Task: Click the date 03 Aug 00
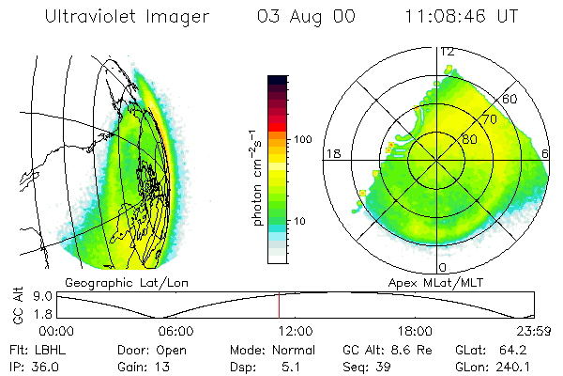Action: pyautogui.click(x=299, y=17)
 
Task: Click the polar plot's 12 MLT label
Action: pyautogui.click(x=447, y=51)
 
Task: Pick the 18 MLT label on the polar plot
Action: pyautogui.click(x=331, y=153)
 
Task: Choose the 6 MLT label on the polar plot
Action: pyautogui.click(x=546, y=153)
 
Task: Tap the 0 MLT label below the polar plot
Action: pyautogui.click(x=442, y=256)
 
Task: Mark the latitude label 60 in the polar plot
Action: pyautogui.click(x=511, y=99)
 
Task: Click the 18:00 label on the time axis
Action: pyautogui.click(x=415, y=331)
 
